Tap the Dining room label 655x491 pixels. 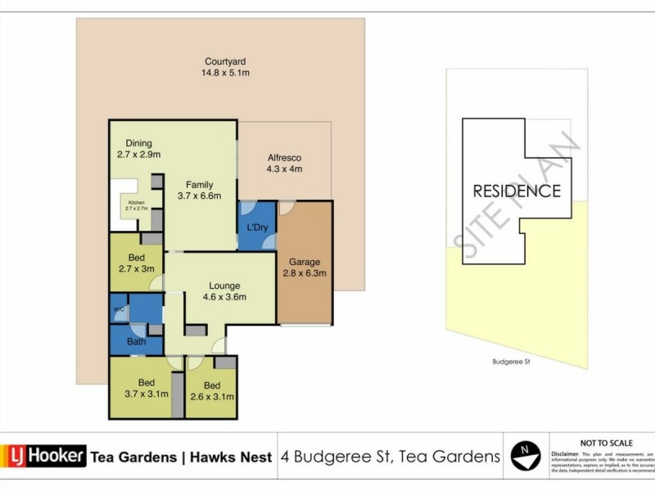138,149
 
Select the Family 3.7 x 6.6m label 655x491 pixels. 200,190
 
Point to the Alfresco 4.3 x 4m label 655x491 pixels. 284,164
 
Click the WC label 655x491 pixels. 119,309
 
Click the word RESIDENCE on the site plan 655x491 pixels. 517,191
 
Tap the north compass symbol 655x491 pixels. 525,455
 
